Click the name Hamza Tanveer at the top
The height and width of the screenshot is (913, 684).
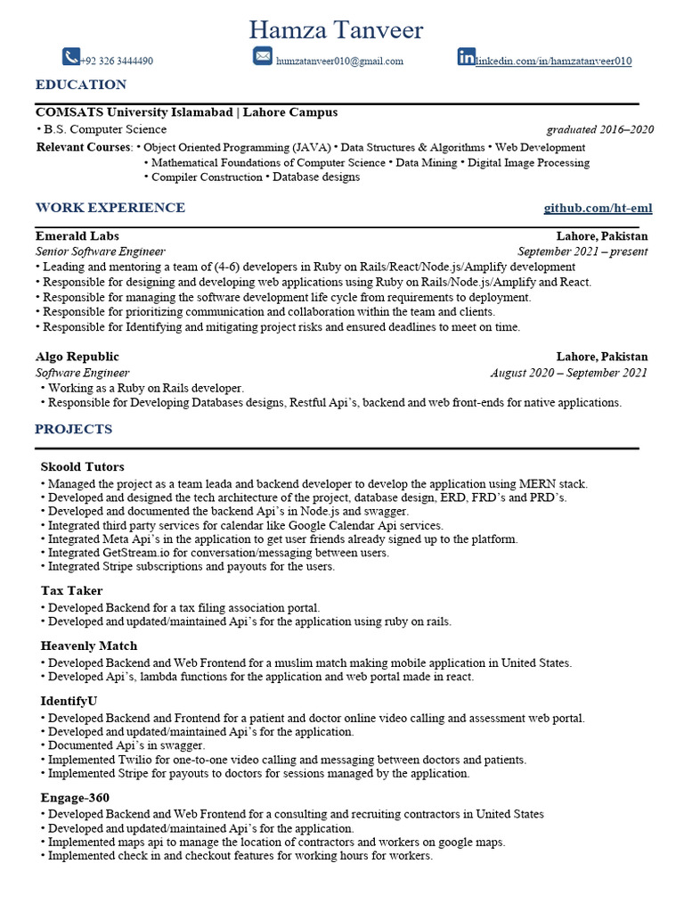336,30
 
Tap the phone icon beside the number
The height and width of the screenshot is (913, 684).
71,57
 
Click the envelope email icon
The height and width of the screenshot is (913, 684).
262,57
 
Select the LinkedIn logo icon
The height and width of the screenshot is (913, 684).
466,57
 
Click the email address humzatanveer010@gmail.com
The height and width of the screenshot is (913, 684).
339,62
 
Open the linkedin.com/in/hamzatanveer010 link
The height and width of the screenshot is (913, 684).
553,62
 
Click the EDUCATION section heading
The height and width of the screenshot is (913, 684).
81,85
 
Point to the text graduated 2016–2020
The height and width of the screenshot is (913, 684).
599,129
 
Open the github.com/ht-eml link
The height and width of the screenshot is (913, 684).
598,208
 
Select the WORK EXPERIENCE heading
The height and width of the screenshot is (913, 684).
110,208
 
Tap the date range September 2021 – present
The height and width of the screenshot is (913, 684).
582,251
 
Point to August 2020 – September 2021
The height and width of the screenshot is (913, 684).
568,373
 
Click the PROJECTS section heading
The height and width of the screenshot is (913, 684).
74,429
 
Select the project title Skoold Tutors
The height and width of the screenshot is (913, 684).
82,466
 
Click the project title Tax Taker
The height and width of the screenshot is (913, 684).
71,590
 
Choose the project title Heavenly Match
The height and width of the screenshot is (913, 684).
89,646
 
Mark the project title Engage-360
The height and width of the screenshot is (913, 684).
75,797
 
